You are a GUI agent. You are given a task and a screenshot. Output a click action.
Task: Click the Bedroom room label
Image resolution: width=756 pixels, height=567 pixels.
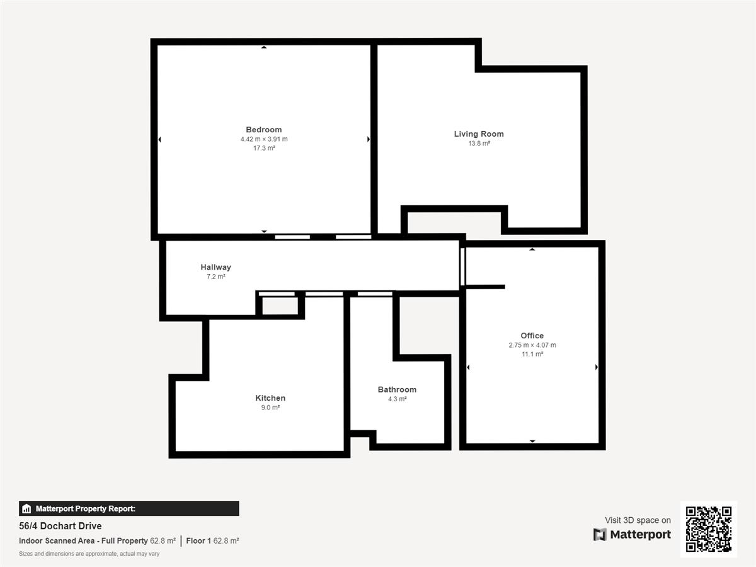click(264, 129)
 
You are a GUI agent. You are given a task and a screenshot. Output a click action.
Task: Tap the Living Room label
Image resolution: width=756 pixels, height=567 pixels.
click(479, 134)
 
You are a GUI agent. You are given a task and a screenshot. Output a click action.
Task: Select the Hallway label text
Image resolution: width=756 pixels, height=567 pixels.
click(215, 266)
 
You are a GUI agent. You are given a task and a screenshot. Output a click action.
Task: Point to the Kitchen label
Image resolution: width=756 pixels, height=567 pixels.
click(270, 398)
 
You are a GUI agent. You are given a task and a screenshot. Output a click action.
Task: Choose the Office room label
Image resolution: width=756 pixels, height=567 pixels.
click(532, 335)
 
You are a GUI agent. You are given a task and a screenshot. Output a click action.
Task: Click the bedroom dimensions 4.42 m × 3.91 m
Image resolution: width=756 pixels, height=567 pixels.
click(264, 139)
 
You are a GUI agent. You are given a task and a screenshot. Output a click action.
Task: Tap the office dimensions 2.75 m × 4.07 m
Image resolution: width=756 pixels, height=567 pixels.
click(532, 345)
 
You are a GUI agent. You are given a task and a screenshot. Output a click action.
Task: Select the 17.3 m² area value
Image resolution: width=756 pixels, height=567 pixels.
click(264, 148)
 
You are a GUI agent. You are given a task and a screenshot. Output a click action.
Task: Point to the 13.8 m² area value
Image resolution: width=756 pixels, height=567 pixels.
click(479, 143)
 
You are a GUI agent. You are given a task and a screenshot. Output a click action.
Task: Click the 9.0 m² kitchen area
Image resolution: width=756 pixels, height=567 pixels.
click(270, 407)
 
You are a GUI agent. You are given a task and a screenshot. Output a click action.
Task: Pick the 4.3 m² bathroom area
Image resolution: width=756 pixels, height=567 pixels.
click(397, 399)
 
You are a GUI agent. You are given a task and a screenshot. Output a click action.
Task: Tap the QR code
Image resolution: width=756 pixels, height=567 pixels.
click(709, 529)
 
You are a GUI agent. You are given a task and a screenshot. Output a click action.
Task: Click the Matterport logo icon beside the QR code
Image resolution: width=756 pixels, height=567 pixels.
click(600, 534)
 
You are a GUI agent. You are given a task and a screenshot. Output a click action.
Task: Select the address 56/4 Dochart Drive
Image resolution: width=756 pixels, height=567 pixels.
click(60, 525)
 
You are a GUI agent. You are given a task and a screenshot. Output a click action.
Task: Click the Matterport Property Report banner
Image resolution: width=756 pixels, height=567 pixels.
click(129, 508)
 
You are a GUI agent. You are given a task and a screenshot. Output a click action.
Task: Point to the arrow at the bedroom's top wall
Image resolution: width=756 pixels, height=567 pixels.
click(264, 47)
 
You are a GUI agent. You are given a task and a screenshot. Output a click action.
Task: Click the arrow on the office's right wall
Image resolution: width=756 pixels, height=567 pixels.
click(597, 367)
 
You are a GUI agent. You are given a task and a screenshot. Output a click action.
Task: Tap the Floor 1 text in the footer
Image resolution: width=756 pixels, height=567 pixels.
click(198, 541)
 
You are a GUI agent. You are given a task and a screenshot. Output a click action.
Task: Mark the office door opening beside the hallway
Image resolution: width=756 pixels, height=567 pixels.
click(462, 266)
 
